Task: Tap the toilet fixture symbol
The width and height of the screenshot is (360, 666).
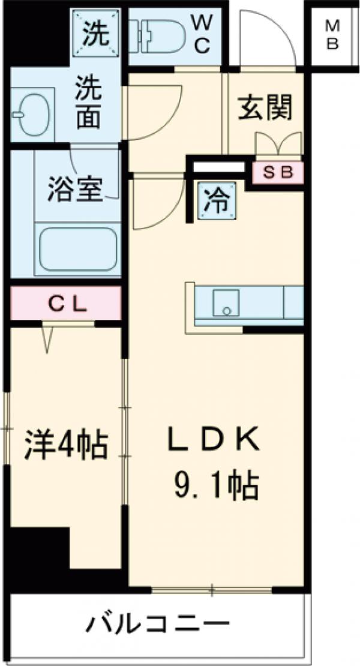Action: (x=160, y=34)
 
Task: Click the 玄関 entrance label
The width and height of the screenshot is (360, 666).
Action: (x=266, y=108)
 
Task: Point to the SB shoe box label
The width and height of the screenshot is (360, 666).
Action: (x=278, y=172)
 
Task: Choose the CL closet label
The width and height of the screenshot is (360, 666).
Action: (x=68, y=304)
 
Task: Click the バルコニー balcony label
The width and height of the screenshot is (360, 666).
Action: (x=158, y=628)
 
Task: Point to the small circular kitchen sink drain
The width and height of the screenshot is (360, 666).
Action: (x=227, y=310)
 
